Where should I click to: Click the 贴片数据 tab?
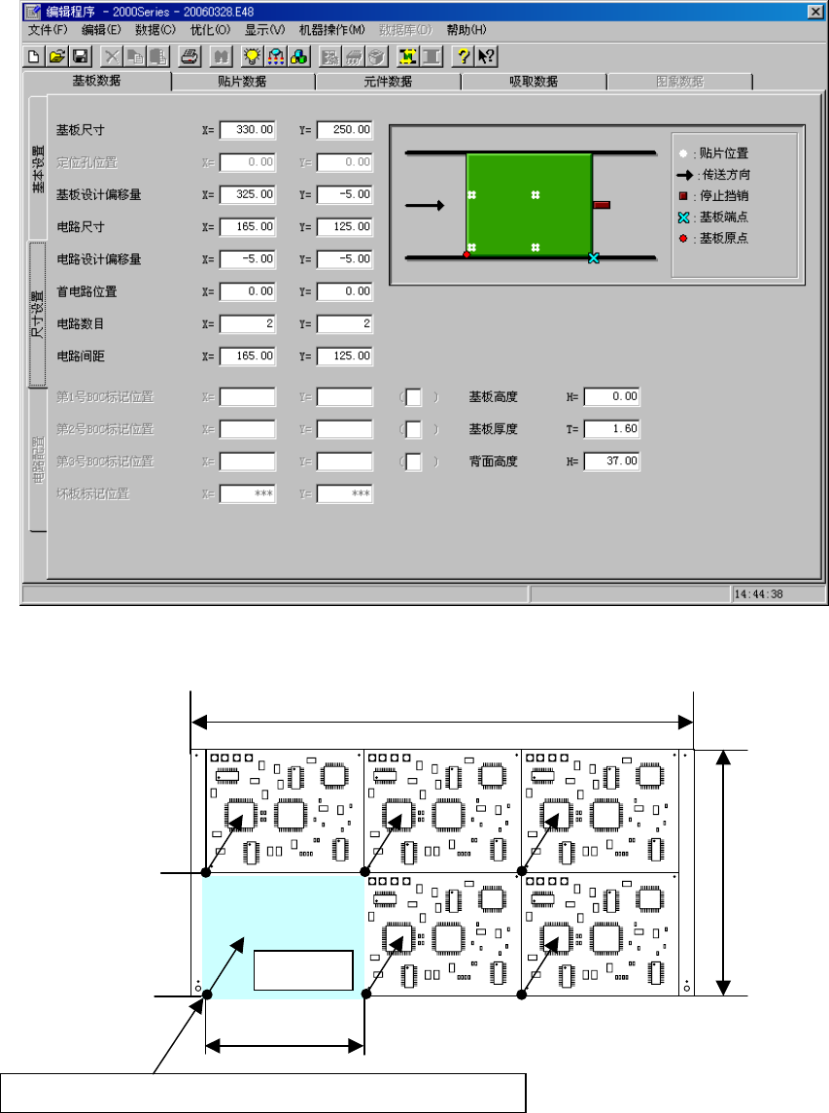(x=242, y=82)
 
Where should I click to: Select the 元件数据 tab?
(x=387, y=82)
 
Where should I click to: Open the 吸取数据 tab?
(x=533, y=82)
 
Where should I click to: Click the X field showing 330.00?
(x=248, y=129)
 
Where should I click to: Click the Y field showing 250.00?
(x=345, y=129)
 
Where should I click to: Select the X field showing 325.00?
(x=248, y=194)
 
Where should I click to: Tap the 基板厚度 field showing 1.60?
(x=612, y=428)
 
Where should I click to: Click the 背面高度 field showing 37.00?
(x=612, y=461)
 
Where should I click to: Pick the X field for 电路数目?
(x=248, y=323)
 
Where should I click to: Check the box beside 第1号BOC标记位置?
(x=414, y=396)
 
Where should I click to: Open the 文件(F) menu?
(x=48, y=29)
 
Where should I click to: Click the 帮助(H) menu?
(x=466, y=29)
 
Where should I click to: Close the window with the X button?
(x=813, y=11)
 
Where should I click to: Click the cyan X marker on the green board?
(x=594, y=257)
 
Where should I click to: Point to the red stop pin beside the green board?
(x=601, y=205)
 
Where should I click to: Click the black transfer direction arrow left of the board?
(x=425, y=205)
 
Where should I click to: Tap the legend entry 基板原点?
(x=723, y=238)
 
